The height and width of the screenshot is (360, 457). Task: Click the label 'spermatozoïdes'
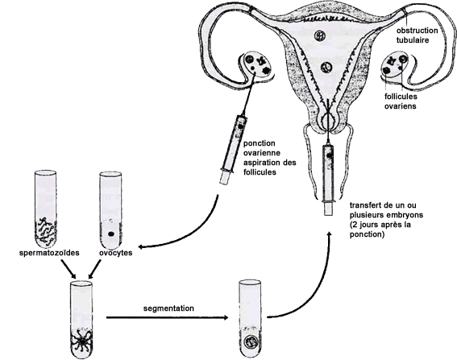[49, 253]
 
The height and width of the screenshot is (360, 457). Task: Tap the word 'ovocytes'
[116, 253]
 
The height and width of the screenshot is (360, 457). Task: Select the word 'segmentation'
[168, 308]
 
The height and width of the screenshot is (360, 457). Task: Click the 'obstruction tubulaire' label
[417, 35]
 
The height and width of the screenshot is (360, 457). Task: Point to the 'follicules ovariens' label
[401, 101]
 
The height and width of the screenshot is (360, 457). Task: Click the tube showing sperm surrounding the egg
[81, 320]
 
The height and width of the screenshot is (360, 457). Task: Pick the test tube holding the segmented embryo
[250, 319]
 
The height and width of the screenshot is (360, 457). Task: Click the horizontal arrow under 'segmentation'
[168, 317]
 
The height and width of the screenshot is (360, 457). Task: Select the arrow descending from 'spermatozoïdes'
[69, 268]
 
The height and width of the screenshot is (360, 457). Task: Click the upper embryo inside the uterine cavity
[319, 35]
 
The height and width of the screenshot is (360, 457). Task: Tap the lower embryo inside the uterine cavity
[326, 68]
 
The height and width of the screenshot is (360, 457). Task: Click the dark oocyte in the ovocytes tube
[110, 234]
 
